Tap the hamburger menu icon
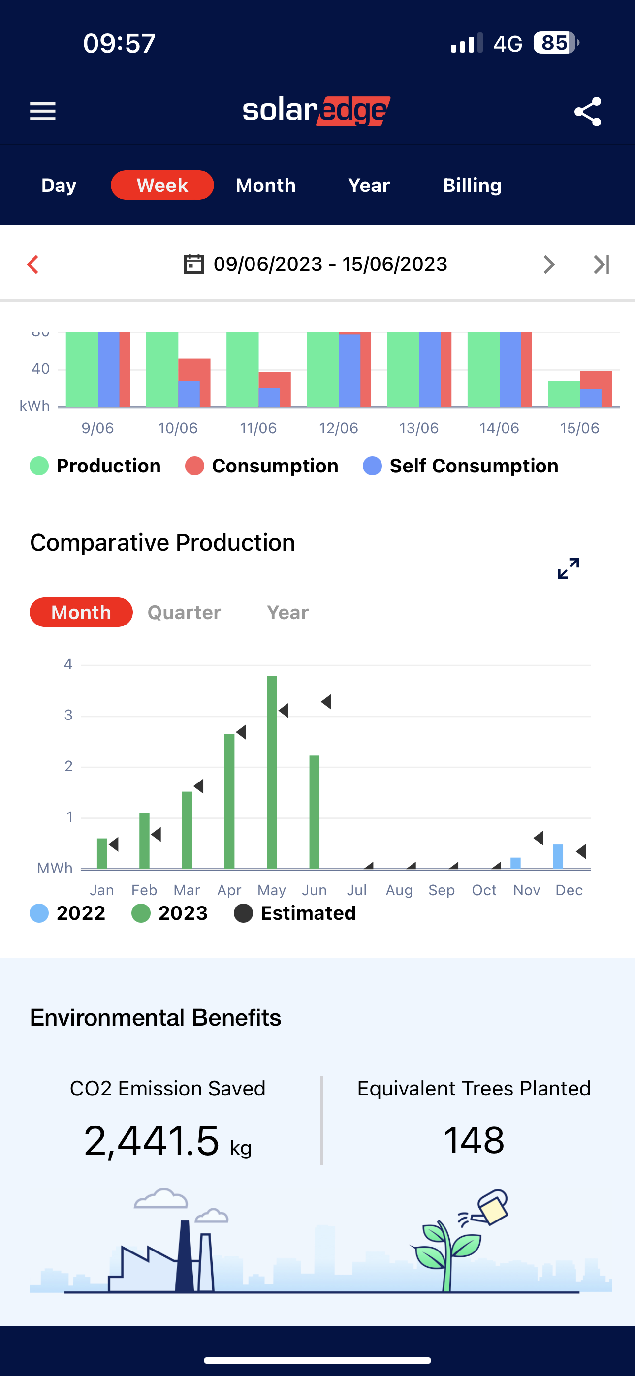pos(42,111)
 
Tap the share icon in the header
pos(587,112)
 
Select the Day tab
pos(59,186)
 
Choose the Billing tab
pos(472,186)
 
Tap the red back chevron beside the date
pos(33,264)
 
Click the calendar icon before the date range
pos(193,264)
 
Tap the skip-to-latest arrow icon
pos(602,264)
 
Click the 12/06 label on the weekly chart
pos(338,428)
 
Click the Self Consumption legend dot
pos(372,466)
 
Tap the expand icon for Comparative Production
pos(568,568)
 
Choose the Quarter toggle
pos(184,612)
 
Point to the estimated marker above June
pos(326,702)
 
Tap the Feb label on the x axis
pos(144,890)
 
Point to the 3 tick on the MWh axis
pos(68,715)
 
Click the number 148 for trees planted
pos(474,1139)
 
